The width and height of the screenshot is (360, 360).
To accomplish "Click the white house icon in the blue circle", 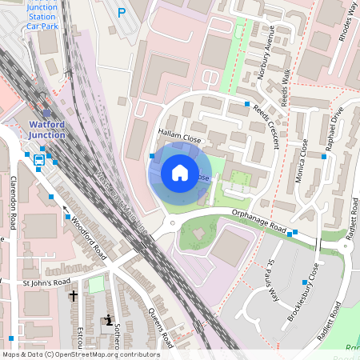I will pos(180,172).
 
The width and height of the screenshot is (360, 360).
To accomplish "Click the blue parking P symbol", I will pos(122,12).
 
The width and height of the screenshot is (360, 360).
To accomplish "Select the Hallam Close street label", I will pos(178,137).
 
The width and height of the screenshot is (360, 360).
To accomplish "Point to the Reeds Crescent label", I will pos(266,125).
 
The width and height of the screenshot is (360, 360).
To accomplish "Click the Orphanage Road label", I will pos(258,221).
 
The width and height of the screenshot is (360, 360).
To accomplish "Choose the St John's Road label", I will pos(46,282).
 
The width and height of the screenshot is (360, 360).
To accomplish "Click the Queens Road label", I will pos(161,329).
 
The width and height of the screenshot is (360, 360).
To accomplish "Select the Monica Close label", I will pos(302,161).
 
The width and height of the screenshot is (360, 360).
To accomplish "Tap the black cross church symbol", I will pos(74,296).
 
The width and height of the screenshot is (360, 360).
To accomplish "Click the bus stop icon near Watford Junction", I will pos(39,160).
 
